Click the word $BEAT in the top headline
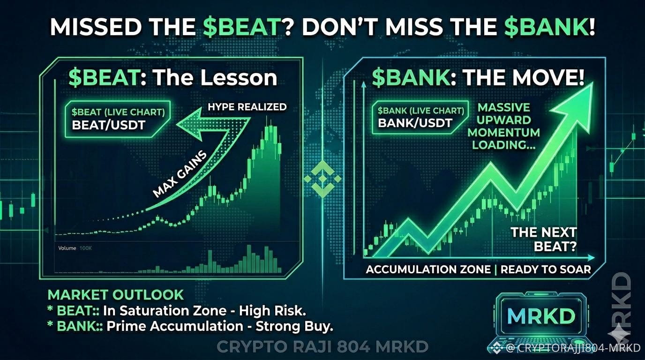tap(242, 27)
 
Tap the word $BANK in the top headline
tap(546, 27)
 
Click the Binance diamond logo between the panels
tap(322, 179)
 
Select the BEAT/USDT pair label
tap(109, 125)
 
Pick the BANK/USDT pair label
tap(415, 123)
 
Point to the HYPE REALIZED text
tap(247, 107)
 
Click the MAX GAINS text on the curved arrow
tap(180, 174)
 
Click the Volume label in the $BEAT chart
tap(67, 248)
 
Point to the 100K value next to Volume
tap(85, 248)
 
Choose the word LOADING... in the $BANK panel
tap(504, 145)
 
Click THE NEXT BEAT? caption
tap(544, 240)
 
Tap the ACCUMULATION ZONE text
tap(428, 270)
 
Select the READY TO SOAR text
tap(546, 270)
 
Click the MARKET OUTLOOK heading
tap(115, 295)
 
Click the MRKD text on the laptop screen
tap(541, 316)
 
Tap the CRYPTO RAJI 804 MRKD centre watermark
tap(322, 347)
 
